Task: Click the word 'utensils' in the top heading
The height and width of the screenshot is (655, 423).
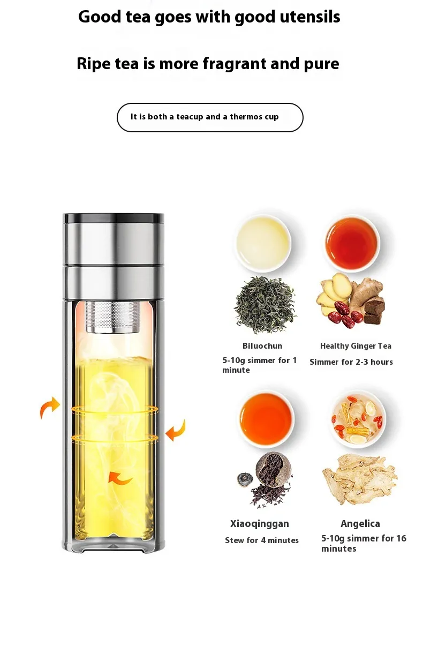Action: pyautogui.click(x=310, y=17)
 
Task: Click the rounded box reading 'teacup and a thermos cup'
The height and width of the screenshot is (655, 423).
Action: pyautogui.click(x=210, y=117)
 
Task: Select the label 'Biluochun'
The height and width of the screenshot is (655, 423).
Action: pyautogui.click(x=262, y=346)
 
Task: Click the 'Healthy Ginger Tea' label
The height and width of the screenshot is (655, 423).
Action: pyautogui.click(x=356, y=346)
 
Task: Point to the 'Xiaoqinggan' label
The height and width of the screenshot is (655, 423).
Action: pyautogui.click(x=259, y=523)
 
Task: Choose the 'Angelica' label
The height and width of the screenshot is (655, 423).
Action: pyautogui.click(x=360, y=523)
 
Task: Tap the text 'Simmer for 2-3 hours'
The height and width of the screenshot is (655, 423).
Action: pyautogui.click(x=351, y=362)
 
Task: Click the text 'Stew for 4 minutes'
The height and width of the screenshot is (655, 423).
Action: pyautogui.click(x=262, y=540)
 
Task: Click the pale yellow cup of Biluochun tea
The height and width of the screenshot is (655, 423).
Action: pyautogui.click(x=263, y=243)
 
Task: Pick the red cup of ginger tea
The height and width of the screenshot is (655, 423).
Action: pyautogui.click(x=352, y=244)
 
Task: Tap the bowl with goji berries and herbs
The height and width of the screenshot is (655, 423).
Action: pyautogui.click(x=359, y=418)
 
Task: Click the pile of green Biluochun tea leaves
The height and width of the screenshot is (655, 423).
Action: pyautogui.click(x=265, y=305)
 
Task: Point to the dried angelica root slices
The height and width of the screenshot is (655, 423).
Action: pyautogui.click(x=360, y=479)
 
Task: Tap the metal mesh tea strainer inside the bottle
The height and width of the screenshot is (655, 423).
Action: pyautogui.click(x=113, y=317)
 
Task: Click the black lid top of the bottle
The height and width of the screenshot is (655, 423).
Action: pyautogui.click(x=114, y=219)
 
